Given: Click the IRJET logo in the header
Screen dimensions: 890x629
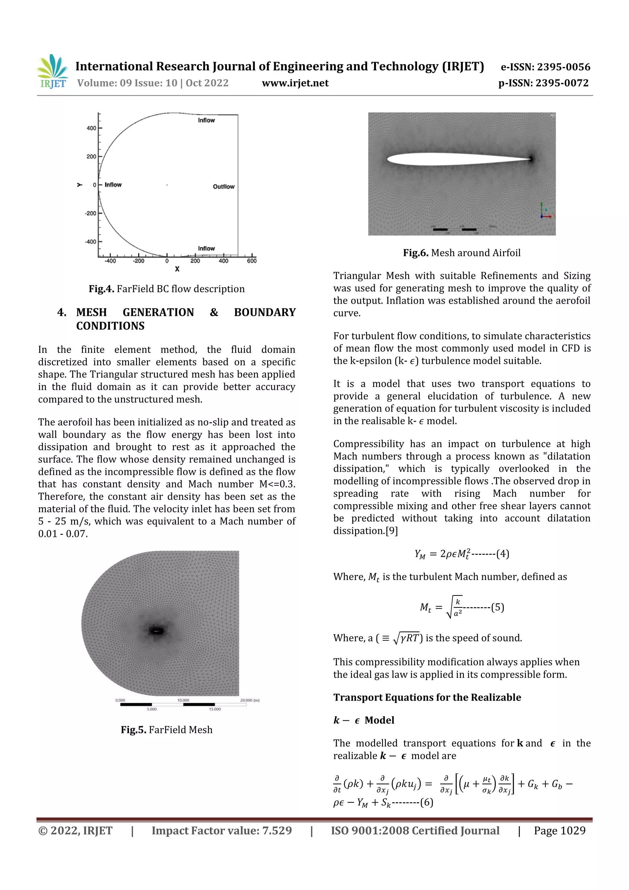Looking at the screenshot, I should coord(52,72).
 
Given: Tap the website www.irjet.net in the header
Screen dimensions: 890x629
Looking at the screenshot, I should coord(295,83).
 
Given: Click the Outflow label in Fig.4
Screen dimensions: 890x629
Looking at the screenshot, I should coord(224,187).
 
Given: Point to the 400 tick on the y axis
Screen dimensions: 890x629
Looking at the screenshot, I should coord(92,128).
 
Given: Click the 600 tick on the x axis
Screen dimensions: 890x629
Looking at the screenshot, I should coord(252,261).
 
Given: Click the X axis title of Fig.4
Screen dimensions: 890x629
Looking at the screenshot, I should coord(177,269).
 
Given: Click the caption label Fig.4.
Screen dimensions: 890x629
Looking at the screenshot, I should coord(101,289).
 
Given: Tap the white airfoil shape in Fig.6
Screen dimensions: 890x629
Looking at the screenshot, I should coord(457,159).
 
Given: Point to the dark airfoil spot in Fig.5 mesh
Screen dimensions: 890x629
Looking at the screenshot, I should coord(156,631).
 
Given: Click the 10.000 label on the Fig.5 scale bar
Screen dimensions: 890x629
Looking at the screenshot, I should coord(183,700).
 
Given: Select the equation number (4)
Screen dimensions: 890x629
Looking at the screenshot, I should coord(503,553).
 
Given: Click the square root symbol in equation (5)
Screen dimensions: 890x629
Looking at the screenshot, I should coord(449,607).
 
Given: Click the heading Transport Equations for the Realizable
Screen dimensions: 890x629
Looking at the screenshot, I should coord(427,697).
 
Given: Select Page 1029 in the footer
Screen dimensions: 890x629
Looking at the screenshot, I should coord(559,831).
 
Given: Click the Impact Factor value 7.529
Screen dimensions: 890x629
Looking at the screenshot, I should coord(277,831).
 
